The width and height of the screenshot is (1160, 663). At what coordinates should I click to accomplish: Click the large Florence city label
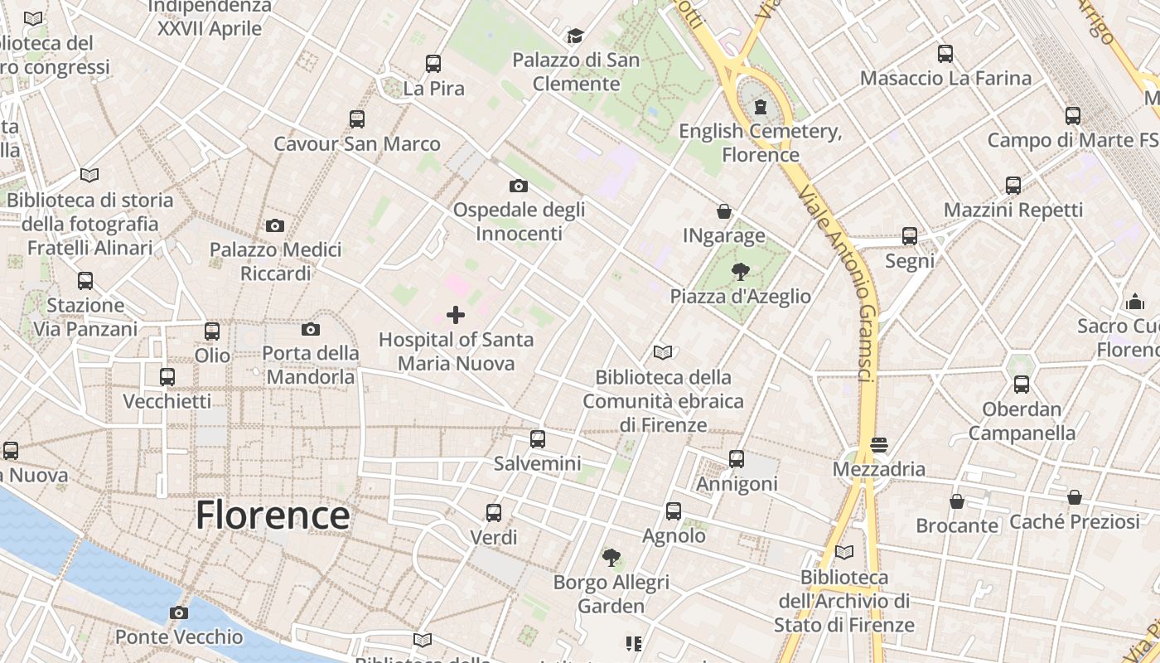point(273,515)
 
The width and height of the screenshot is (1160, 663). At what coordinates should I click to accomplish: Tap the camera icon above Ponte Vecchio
point(178,613)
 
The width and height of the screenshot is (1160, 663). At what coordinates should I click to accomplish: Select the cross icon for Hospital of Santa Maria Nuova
point(456,315)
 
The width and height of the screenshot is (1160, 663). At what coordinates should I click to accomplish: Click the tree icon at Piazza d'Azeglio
point(741,271)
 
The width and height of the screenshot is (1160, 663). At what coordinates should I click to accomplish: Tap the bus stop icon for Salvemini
point(538,439)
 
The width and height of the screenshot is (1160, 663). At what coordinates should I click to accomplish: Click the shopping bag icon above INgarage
point(724,211)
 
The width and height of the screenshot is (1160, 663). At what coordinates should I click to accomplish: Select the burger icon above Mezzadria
point(879,445)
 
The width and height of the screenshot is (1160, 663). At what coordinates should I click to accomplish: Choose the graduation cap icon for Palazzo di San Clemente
point(575,36)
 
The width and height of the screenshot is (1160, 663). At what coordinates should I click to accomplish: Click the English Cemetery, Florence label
point(761,143)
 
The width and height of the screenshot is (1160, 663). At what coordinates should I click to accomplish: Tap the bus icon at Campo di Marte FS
point(1073,116)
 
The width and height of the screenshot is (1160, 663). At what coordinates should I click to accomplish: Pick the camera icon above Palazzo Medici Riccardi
point(275,225)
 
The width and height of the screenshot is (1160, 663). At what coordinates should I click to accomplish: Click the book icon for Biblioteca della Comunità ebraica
point(662,353)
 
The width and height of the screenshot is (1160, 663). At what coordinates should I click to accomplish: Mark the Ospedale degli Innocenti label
point(519,221)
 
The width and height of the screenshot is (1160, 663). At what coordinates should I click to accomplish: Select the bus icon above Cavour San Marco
point(357,119)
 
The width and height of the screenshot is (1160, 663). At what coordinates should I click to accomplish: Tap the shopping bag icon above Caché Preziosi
point(1075,497)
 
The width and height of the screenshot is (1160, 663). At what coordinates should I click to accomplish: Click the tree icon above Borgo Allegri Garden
point(611,558)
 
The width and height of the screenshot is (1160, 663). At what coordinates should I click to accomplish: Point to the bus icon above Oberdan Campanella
point(1022,385)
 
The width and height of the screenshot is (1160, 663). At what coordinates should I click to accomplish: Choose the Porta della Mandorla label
point(311,365)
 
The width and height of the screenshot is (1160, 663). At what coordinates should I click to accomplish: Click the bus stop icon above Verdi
point(494,513)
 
